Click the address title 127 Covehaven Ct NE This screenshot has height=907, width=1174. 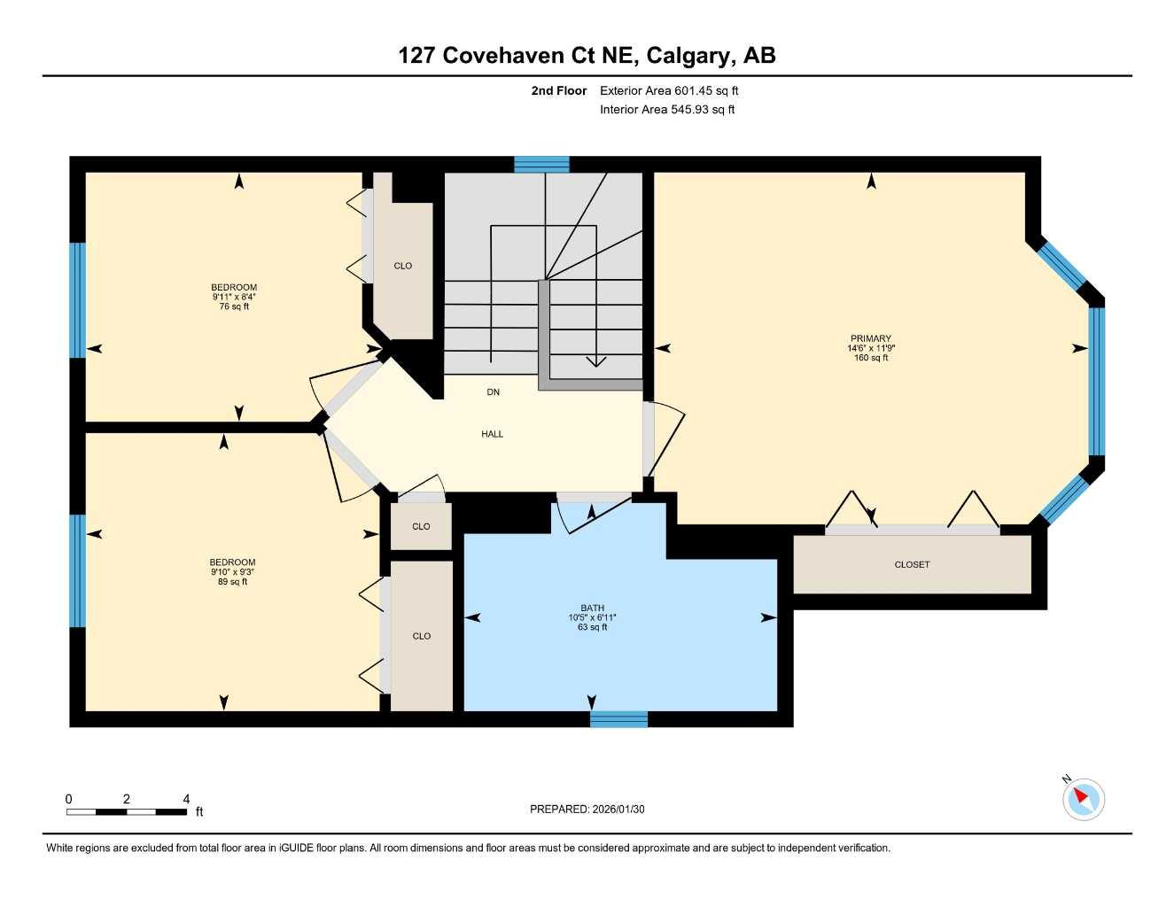click(x=587, y=55)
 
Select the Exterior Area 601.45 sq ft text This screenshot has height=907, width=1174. click(x=669, y=90)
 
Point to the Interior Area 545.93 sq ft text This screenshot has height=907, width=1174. click(x=667, y=110)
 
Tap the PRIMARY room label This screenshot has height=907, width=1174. click(x=871, y=338)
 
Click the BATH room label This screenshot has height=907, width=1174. click(x=592, y=608)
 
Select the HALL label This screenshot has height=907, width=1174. click(x=493, y=434)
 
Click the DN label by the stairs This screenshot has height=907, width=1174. click(x=494, y=391)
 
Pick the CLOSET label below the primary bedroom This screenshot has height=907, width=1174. click(x=912, y=564)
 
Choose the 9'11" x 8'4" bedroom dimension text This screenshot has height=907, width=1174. click(x=234, y=297)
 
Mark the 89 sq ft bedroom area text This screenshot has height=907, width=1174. click(x=232, y=582)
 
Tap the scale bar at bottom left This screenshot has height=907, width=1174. click(x=127, y=811)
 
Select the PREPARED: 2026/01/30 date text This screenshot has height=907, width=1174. click(x=587, y=809)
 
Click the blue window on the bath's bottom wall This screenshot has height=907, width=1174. click(x=618, y=719)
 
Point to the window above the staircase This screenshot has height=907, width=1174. click(x=541, y=164)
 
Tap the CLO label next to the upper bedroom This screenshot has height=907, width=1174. click(x=403, y=266)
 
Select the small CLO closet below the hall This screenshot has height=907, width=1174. click(x=421, y=526)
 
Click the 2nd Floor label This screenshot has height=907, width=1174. click(x=558, y=90)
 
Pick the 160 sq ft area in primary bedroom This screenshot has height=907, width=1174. click(x=871, y=358)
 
